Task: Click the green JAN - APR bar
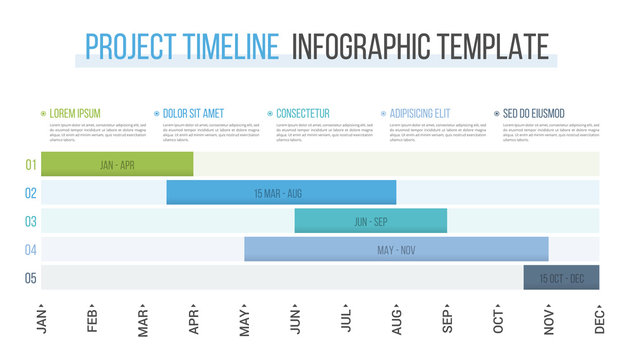click(117, 165)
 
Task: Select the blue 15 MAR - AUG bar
click(281, 193)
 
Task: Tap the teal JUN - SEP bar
click(370, 221)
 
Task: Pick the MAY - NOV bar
click(396, 249)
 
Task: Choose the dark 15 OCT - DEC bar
click(561, 277)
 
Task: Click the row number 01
click(31, 165)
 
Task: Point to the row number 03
click(31, 221)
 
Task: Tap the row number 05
click(31, 277)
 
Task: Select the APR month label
click(194, 321)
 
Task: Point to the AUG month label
click(397, 321)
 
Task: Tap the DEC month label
click(600, 321)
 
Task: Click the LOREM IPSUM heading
click(75, 114)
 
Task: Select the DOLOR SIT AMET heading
click(195, 114)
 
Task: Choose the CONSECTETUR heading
click(302, 114)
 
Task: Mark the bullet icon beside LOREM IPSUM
click(43, 114)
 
